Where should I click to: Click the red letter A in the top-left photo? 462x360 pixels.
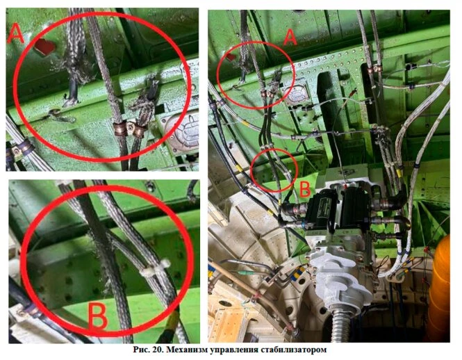click(15, 34)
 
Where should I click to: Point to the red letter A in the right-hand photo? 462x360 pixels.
click(290, 38)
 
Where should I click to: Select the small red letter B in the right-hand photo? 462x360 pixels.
click(305, 189)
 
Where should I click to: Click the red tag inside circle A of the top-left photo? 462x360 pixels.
click(44, 46)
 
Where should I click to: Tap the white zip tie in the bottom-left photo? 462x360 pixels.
click(155, 268)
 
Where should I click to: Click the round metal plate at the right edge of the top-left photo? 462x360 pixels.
click(182, 131)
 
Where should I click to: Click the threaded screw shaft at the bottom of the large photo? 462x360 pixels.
click(340, 325)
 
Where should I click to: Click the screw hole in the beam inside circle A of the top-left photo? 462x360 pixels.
click(54, 112)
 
